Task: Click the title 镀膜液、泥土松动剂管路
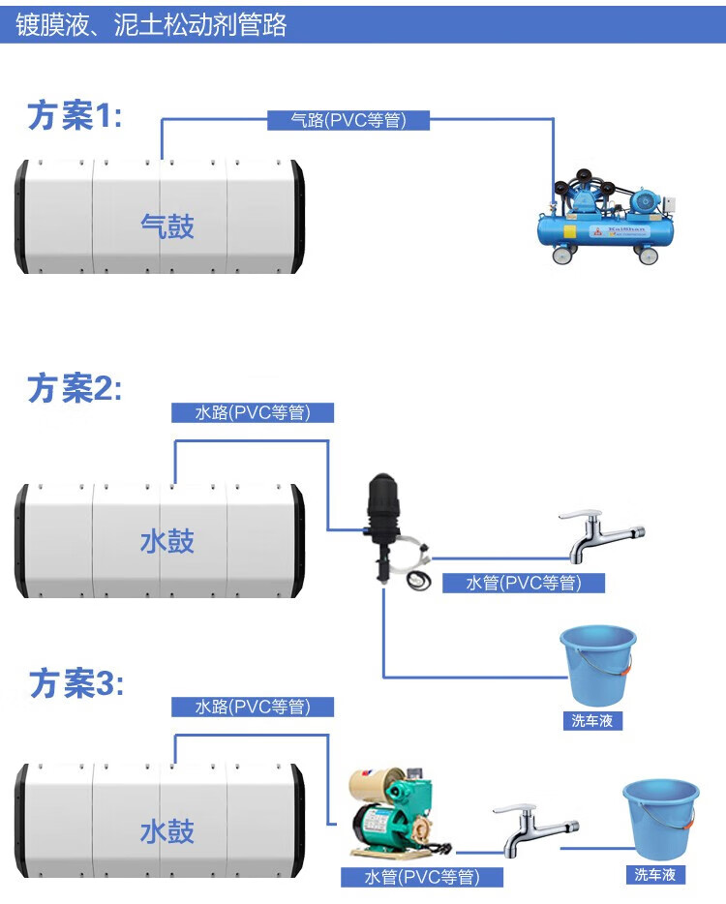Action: [x=152, y=24]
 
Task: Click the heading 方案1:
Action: [x=76, y=116]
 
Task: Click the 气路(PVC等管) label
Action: [x=348, y=120]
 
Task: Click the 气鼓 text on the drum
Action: [x=167, y=226]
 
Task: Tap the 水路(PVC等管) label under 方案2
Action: [x=253, y=412]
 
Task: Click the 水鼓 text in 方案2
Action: [x=167, y=541]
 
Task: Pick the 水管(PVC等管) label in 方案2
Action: [x=524, y=583]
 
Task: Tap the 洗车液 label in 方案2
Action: [x=592, y=721]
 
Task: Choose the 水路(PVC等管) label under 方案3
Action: [x=253, y=708]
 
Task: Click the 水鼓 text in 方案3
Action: [x=167, y=831]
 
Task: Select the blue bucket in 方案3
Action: [x=659, y=818]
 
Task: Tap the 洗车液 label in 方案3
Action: [x=654, y=875]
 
